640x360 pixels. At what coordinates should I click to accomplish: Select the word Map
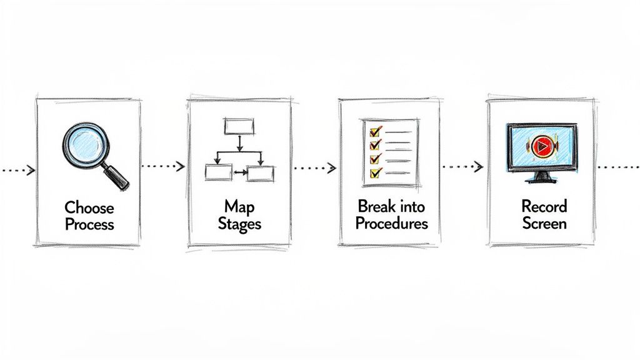coord(239,207)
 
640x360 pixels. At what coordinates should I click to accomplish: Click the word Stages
coord(239,224)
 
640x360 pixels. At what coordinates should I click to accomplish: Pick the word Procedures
coord(391,223)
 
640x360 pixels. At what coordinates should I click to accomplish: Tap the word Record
coord(544,206)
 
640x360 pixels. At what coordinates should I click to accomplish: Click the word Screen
coord(544,223)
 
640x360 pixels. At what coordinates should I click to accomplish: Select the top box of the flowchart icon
coord(239,127)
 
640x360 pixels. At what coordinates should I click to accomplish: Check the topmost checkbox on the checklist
coord(375,132)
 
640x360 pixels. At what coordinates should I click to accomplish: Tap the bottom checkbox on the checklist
coord(375,172)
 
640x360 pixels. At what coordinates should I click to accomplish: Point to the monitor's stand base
coord(541,179)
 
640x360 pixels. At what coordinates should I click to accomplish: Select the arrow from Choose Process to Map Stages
coord(164,166)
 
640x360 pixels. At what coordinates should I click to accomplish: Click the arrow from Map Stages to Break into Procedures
coord(315,167)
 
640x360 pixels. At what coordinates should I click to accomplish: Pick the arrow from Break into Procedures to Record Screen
coord(463,166)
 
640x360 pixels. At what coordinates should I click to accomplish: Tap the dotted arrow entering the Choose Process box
coord(17,169)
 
